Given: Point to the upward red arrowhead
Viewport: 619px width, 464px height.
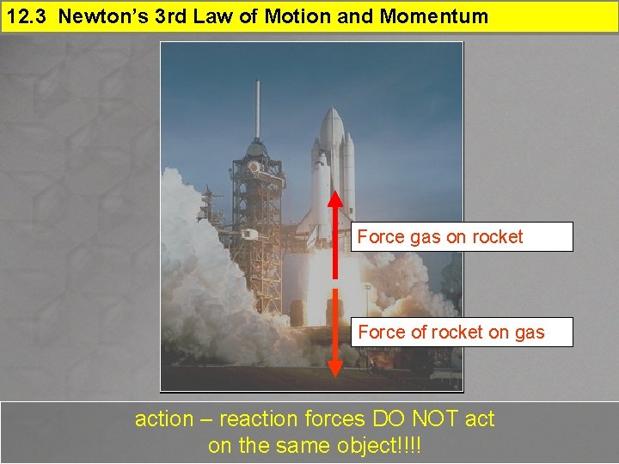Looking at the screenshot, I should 335,197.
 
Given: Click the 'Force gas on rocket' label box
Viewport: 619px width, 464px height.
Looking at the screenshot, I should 462,236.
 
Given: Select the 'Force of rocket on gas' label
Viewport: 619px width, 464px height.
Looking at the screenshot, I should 462,332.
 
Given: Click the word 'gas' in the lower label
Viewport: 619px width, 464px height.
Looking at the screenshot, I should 529,332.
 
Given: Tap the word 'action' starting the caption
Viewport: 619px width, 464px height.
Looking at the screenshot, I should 164,419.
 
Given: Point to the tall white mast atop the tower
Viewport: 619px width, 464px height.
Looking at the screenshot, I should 257,107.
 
